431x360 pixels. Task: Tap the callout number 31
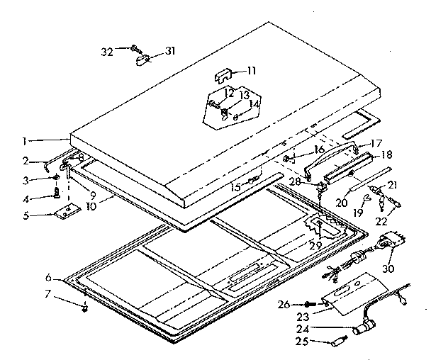[169, 50]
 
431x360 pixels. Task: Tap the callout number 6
[47, 276]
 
